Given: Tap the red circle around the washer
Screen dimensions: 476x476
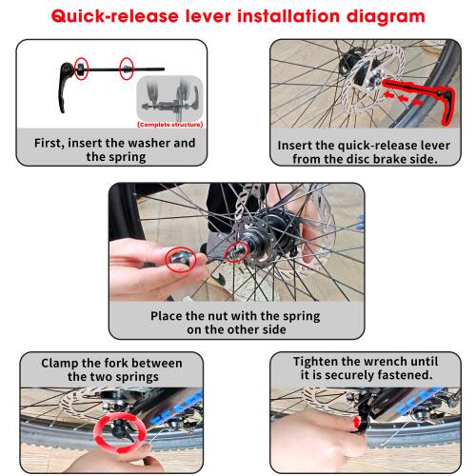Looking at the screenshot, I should (x=82, y=69).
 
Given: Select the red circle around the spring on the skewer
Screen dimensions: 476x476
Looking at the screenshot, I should (x=125, y=69).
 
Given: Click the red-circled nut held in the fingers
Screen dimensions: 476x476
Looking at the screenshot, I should (x=178, y=259).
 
